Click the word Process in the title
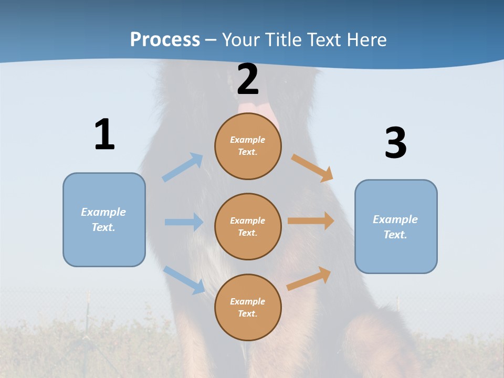click(x=165, y=40)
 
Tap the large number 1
click(x=104, y=134)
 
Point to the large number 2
click(x=248, y=79)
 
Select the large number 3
click(x=395, y=143)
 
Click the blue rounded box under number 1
click(x=104, y=219)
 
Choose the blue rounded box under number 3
click(x=396, y=226)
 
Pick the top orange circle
click(x=248, y=145)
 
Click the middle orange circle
click(x=248, y=226)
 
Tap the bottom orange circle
click(x=248, y=307)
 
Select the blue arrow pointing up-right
click(x=183, y=167)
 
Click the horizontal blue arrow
click(x=184, y=222)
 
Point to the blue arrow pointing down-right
click(x=184, y=280)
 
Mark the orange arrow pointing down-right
click(x=312, y=167)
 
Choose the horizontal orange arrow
click(x=311, y=221)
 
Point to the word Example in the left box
click(x=103, y=212)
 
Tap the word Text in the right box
click(x=395, y=235)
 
